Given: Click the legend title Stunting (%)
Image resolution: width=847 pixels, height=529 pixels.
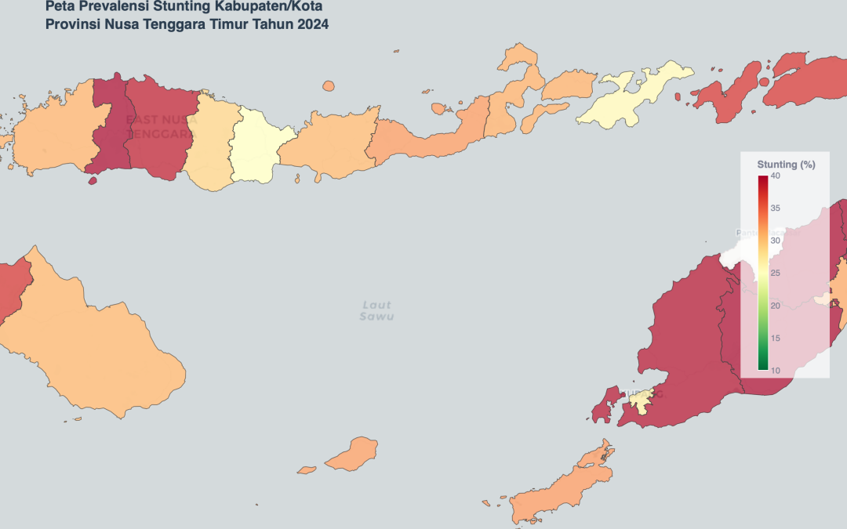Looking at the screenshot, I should coord(786,165).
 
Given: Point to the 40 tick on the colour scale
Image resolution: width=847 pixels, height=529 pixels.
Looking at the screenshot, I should coord(775,176).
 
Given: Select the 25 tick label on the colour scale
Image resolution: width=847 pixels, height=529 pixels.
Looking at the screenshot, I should coord(775,273).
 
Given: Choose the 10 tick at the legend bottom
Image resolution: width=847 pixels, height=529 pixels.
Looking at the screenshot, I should coord(775,370).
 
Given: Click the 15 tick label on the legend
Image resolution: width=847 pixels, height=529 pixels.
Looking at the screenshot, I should coord(775,338).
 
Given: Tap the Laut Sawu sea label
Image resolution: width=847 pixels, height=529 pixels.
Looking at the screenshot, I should coord(376,310).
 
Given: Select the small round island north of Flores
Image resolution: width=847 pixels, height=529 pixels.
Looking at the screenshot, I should coord(329,86).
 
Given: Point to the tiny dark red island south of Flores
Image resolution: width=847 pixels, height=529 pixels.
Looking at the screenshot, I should coord(93,181).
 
